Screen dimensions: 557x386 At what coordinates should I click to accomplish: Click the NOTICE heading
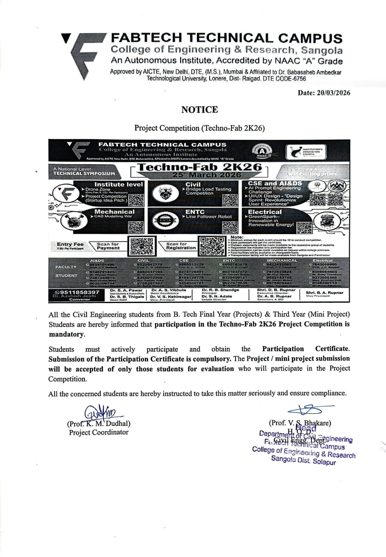(x=199, y=109)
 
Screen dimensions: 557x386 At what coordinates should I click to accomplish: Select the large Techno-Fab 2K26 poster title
(x=200, y=167)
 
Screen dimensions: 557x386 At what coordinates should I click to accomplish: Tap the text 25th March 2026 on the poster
(x=207, y=175)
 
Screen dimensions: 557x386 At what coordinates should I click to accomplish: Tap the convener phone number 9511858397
(x=77, y=292)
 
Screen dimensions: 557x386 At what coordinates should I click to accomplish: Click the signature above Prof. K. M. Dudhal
(x=100, y=412)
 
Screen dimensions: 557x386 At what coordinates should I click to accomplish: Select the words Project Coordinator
(x=99, y=432)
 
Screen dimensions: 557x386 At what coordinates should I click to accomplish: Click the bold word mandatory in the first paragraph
(x=66, y=334)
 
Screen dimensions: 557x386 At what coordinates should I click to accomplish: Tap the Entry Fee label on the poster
(x=70, y=244)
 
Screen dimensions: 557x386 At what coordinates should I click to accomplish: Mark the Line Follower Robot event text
(x=208, y=217)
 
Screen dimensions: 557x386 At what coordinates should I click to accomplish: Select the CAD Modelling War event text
(x=113, y=216)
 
